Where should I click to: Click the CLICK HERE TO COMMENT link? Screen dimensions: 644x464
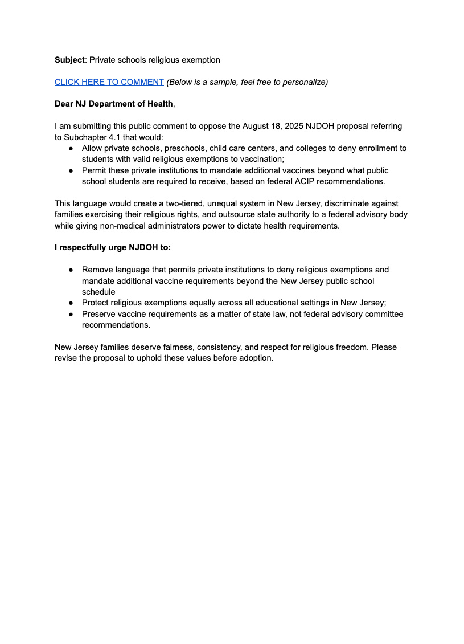pos(109,82)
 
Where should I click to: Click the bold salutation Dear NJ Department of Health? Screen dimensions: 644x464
pos(114,104)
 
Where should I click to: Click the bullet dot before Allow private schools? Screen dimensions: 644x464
pos(71,148)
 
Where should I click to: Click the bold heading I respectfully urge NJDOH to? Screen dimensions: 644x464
pos(112,248)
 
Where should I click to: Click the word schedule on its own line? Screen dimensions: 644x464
pos(98,292)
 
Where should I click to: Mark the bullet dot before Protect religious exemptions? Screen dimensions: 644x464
pos(71,303)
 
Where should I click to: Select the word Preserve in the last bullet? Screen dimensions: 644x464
pos(100,314)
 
